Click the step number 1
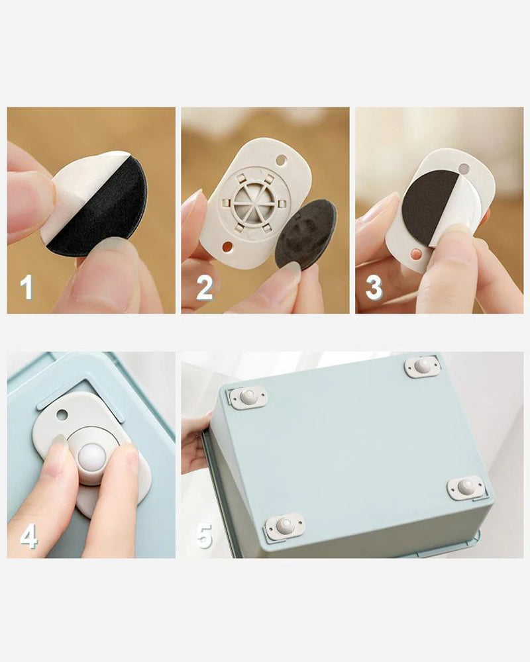(26, 287)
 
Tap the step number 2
(205, 288)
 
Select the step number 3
(374, 288)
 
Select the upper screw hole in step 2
(281, 161)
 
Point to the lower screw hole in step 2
(227, 246)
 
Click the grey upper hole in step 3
(464, 169)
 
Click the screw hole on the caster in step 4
(62, 414)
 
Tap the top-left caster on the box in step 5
(248, 397)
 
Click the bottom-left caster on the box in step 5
(285, 526)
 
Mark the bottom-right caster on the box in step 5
(466, 488)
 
